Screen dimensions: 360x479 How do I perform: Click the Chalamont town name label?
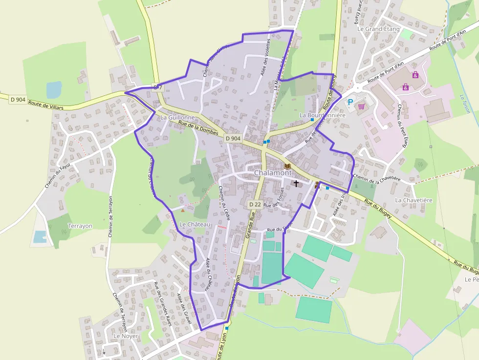273,173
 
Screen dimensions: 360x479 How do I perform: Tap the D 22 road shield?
254,204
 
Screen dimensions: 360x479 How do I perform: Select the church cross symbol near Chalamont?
296,184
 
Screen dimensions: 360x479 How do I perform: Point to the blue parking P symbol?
350,102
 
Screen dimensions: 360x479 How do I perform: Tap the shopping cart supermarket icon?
362,106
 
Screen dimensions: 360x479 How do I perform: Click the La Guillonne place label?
177,118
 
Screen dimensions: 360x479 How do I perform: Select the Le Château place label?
195,224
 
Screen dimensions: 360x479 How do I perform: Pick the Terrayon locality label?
80,226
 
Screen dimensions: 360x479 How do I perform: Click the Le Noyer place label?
126,336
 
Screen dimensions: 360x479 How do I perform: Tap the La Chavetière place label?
414,200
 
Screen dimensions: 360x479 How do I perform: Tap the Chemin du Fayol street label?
58,175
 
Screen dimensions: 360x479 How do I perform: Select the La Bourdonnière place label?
323,115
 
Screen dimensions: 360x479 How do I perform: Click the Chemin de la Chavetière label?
376,179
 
